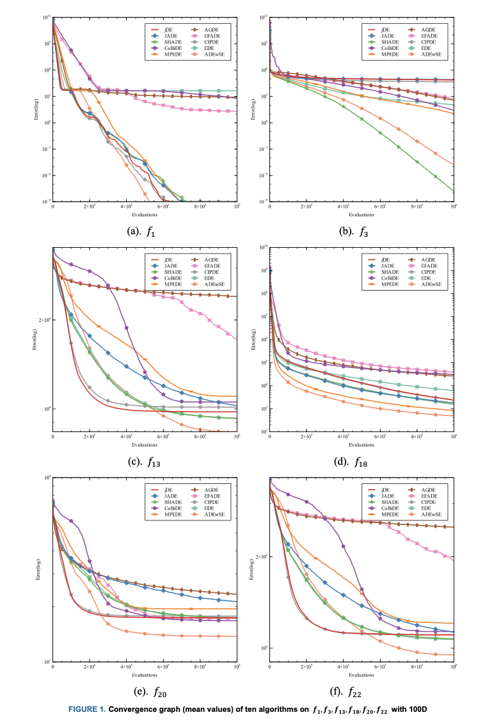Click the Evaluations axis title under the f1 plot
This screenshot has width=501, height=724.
[145, 214]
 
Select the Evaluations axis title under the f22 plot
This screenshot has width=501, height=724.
[362, 675]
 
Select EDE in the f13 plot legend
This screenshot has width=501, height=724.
[210, 278]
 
